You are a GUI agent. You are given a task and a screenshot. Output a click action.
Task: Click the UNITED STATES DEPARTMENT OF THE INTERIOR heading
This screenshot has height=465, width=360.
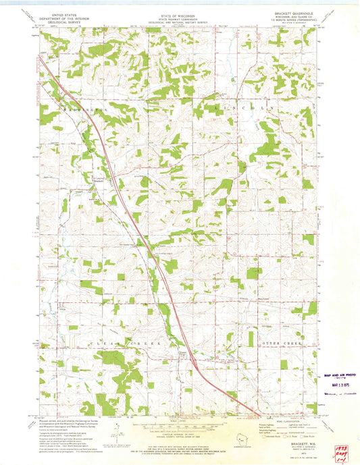tap(57, 17)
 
